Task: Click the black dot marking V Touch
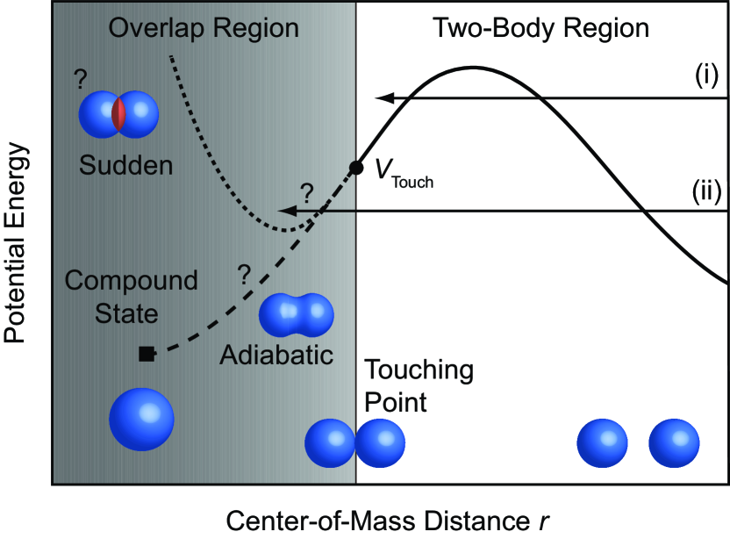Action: click(x=355, y=167)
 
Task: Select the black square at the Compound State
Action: click(x=147, y=354)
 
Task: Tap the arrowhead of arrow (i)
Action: click(x=382, y=98)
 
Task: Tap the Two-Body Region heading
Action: click(x=541, y=28)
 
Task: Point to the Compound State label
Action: click(x=132, y=297)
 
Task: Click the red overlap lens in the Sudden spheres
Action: click(x=119, y=114)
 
